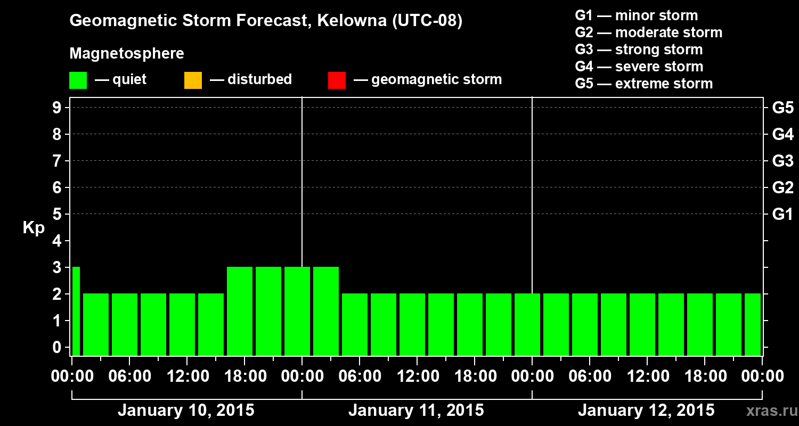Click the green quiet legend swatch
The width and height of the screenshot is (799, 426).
pyautogui.click(x=78, y=80)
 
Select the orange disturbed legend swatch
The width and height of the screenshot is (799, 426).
pyautogui.click(x=193, y=80)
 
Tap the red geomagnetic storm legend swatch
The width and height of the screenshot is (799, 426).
pyautogui.click(x=337, y=80)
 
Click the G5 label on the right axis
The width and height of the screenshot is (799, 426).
pyautogui.click(x=782, y=108)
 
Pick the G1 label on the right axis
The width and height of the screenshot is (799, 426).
pyautogui.click(x=782, y=215)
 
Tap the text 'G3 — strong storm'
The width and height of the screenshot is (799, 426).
pyautogui.click(x=639, y=50)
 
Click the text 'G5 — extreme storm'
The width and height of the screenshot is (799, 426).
pyautogui.click(x=643, y=84)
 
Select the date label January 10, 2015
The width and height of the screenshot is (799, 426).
pyautogui.click(x=186, y=411)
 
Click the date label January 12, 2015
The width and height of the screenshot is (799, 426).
pyautogui.click(x=646, y=411)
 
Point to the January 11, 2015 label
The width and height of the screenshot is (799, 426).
pyautogui.click(x=416, y=411)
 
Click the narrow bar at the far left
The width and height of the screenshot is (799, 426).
pyautogui.click(x=76, y=312)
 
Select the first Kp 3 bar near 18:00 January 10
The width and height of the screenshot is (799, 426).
pyautogui.click(x=240, y=312)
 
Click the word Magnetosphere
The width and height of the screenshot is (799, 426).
pyautogui.click(x=127, y=54)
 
